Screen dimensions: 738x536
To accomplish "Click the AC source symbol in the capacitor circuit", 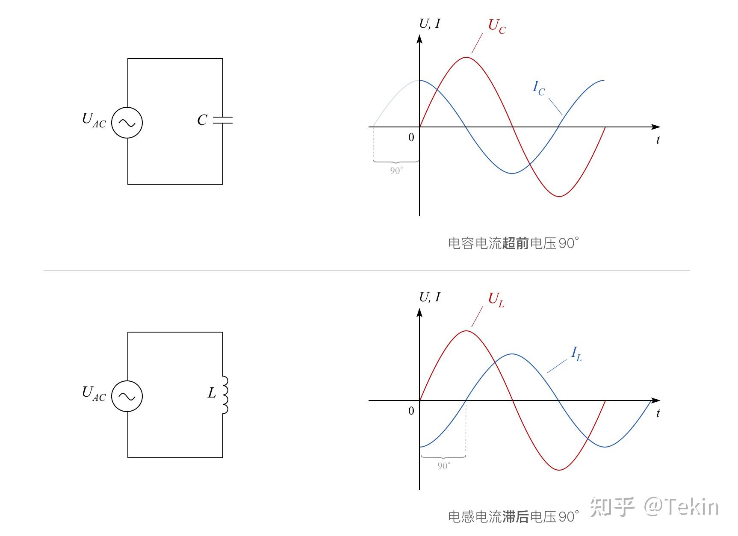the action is pyautogui.click(x=127, y=123).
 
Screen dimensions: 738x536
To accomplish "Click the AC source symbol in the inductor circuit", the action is pyautogui.click(x=127, y=396).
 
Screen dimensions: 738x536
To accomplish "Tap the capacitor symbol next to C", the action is pyautogui.click(x=223, y=120).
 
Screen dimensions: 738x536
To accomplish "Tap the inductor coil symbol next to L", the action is pyautogui.click(x=224, y=395).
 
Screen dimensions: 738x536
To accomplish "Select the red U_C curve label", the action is pyautogui.click(x=496, y=27).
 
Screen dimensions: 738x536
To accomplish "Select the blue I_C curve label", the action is pyautogui.click(x=538, y=88).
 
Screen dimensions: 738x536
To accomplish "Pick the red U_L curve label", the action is pyautogui.click(x=496, y=300).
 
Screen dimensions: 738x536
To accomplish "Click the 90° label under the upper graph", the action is pyautogui.click(x=396, y=171).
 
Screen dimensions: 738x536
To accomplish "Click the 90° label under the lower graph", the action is pyautogui.click(x=444, y=466).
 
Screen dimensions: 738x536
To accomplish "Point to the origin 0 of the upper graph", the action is pyautogui.click(x=411, y=138).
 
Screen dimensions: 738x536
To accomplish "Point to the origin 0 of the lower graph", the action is pyautogui.click(x=411, y=411).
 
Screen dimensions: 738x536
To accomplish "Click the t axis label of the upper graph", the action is pyautogui.click(x=658, y=140).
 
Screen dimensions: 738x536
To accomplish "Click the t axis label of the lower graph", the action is pyautogui.click(x=658, y=414).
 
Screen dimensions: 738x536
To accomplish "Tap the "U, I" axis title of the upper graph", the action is pyautogui.click(x=429, y=24).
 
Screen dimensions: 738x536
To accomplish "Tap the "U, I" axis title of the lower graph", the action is pyautogui.click(x=429, y=297).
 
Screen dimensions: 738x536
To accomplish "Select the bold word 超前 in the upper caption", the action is pyautogui.click(x=516, y=244).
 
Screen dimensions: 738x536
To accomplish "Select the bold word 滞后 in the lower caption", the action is pyautogui.click(x=516, y=517).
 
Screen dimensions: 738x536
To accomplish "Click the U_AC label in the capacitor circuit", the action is pyautogui.click(x=94, y=120).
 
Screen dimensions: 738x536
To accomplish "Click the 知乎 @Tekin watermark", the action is pyautogui.click(x=654, y=507).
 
